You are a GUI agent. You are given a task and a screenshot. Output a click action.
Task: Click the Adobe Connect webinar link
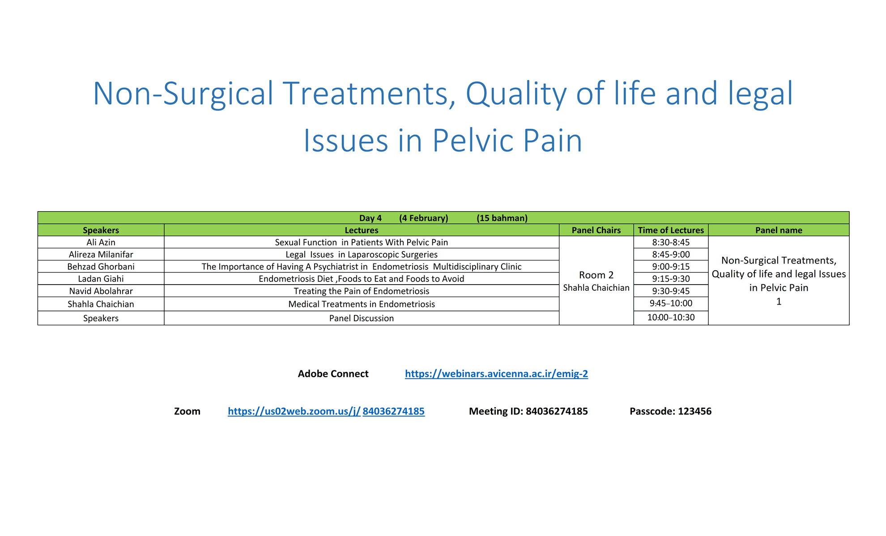click(x=496, y=374)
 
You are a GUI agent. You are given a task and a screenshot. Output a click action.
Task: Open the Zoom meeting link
click(x=326, y=411)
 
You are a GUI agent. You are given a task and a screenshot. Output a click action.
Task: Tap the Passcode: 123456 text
click(x=670, y=411)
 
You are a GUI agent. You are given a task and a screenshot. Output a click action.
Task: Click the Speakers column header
click(x=101, y=230)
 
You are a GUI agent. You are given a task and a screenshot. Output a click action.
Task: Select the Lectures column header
click(x=362, y=230)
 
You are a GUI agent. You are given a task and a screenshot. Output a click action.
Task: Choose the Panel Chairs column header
click(x=596, y=230)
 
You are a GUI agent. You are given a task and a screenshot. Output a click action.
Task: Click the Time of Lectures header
click(x=671, y=230)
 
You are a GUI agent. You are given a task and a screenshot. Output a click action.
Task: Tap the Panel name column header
click(x=779, y=230)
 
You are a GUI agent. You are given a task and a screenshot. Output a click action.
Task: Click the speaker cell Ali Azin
click(x=101, y=242)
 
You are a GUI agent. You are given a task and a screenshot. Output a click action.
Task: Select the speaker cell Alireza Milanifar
click(x=101, y=254)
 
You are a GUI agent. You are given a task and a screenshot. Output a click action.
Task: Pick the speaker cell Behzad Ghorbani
click(x=101, y=266)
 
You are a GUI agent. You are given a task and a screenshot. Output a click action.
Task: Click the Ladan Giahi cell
click(x=101, y=278)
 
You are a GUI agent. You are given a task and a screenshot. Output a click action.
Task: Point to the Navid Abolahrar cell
click(x=101, y=291)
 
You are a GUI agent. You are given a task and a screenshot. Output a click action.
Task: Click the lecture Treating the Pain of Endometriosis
click(x=362, y=291)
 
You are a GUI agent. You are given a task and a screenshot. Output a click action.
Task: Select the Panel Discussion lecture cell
click(x=362, y=318)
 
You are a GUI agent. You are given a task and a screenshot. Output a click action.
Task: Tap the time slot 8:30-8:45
click(x=671, y=242)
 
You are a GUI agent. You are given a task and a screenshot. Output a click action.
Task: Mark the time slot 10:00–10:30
click(x=671, y=317)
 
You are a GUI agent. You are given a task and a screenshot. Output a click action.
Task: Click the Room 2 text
click(x=596, y=275)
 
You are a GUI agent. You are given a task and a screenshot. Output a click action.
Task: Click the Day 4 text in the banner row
click(x=371, y=218)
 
